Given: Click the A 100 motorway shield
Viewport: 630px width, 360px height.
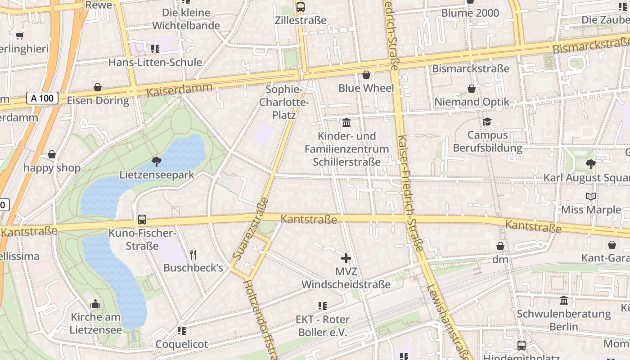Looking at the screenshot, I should coord(42,98).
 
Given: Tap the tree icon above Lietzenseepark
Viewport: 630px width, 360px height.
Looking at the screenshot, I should coord(157,161).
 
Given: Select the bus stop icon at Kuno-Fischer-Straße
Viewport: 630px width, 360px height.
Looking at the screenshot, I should coord(142,220).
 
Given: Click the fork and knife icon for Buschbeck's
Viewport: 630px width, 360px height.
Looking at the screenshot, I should coord(193,255).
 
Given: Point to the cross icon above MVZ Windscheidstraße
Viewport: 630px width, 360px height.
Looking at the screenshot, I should coord(346,258).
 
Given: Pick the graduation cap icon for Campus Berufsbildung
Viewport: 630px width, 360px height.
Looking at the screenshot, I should coord(487,121).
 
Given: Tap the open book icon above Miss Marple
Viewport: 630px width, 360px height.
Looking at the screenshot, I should coord(590,196).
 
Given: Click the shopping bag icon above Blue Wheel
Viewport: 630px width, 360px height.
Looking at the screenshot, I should coord(366,75).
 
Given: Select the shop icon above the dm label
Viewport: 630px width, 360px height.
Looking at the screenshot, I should coord(500,246).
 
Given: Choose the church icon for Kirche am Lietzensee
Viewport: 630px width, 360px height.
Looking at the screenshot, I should coord(95,304).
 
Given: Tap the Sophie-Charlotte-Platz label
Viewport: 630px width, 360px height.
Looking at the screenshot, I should coord(284,102).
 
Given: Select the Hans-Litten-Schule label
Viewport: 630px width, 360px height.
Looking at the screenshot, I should coord(155,62).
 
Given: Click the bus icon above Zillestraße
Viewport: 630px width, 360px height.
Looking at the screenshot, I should coord(301,7).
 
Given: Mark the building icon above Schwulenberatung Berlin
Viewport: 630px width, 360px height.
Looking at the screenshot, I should coord(564,300).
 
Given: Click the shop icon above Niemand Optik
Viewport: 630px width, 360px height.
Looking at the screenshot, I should coord(472,89).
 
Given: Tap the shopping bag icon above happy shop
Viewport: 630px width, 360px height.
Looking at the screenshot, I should coord(52,155).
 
